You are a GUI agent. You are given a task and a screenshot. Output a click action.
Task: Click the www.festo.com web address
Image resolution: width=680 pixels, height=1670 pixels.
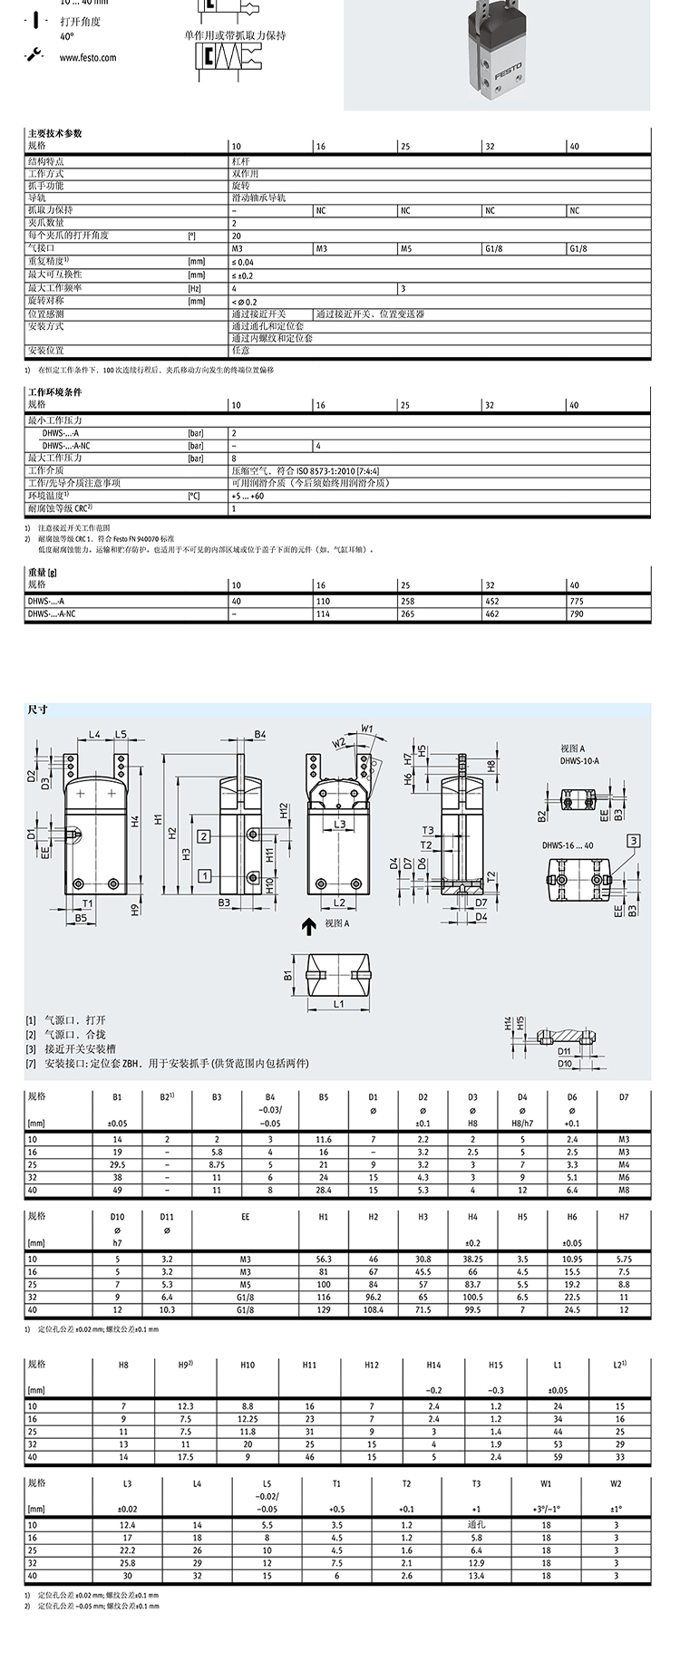coord(88,57)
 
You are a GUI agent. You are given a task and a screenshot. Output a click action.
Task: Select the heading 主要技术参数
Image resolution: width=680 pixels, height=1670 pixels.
coord(54,133)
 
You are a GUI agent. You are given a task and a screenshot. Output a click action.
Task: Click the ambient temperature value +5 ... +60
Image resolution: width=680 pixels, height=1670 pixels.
coord(248,496)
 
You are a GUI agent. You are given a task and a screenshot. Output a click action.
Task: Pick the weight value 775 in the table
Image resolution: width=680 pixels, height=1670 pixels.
coord(578,602)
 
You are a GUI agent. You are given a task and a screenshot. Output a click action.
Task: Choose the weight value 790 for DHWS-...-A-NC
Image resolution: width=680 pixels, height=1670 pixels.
coord(578,613)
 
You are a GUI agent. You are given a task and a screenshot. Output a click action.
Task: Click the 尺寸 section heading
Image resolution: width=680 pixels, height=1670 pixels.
coord(37,709)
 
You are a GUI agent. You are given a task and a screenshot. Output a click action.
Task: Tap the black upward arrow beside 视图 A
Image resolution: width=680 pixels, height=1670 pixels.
coord(309,923)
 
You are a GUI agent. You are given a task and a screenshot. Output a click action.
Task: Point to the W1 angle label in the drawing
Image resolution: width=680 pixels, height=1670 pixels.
coord(367,728)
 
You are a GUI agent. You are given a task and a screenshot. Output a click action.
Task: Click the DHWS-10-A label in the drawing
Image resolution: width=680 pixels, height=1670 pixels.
coord(580,761)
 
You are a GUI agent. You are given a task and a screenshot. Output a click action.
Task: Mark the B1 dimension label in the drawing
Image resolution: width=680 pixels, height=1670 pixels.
coord(287,975)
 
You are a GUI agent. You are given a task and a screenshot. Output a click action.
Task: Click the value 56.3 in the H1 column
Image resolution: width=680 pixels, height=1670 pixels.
coord(323,1259)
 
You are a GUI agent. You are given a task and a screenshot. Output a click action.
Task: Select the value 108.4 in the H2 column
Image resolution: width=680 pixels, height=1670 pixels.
coord(374,1309)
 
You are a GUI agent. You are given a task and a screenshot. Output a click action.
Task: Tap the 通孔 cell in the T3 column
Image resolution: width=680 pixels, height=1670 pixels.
coord(476,1525)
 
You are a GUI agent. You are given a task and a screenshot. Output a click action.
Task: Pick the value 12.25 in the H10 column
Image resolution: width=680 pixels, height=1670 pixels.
coord(248,1418)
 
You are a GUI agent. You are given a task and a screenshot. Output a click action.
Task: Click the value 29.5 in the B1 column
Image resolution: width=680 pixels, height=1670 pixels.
coord(117,1163)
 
